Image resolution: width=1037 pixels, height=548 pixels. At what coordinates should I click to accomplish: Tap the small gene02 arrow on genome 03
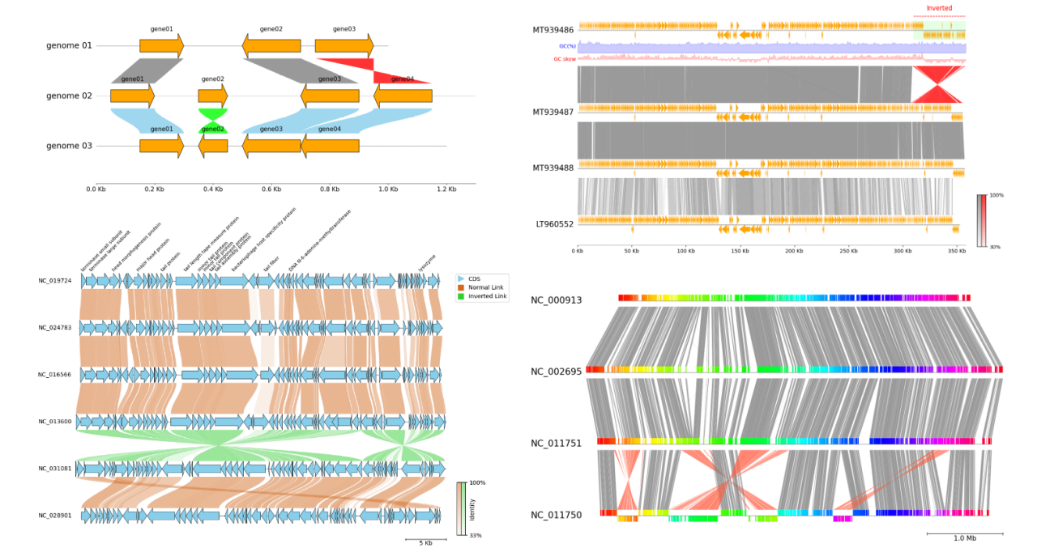213,146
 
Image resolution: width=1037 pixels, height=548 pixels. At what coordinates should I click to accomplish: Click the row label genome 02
69,96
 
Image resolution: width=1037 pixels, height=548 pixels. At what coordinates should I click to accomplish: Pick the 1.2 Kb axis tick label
446,189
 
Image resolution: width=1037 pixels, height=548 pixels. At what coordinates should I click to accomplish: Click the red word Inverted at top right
939,8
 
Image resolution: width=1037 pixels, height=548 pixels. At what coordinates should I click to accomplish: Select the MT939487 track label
553,112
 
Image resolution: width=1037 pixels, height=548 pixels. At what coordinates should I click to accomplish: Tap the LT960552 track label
553,223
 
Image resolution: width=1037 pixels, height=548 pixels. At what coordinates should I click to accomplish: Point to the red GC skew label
564,58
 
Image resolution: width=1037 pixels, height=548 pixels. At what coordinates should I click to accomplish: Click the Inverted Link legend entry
487,297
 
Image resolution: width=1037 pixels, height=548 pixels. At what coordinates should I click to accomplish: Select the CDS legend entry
474,278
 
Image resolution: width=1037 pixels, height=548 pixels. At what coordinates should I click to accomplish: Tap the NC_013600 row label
54,422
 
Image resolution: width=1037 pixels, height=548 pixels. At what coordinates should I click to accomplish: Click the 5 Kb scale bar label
425,543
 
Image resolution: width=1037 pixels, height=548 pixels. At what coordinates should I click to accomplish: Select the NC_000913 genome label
556,300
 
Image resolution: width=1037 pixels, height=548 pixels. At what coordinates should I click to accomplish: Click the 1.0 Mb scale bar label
964,538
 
